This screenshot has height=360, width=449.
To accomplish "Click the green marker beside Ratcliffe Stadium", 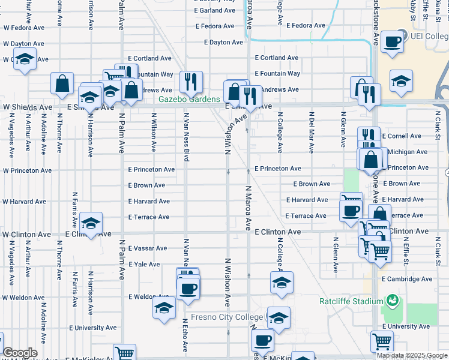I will [x=393, y=299].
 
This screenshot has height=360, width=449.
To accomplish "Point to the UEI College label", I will [x=429, y=35].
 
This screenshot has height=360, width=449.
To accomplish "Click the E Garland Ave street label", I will [x=215, y=11].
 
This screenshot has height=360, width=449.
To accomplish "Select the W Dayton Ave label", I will [x=23, y=44].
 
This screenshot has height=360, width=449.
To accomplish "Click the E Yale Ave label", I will [x=144, y=264].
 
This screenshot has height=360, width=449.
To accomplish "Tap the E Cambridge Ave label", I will [x=410, y=279].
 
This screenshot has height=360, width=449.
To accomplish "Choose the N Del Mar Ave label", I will [x=311, y=130].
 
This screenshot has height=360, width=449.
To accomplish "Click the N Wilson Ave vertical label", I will [x=154, y=132].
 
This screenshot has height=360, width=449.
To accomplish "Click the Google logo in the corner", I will [x=20, y=353].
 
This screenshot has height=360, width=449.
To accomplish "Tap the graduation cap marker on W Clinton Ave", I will [x=91, y=223].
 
